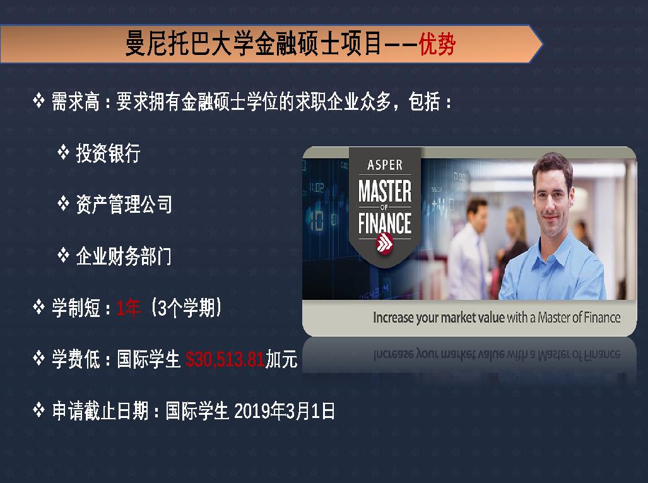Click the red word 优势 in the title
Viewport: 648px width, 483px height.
pyautogui.click(x=437, y=44)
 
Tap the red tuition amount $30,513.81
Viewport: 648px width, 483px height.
pyautogui.click(x=225, y=359)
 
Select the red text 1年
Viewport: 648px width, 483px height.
pyautogui.click(x=129, y=308)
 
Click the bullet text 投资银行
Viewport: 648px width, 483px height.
pyautogui.click(x=109, y=153)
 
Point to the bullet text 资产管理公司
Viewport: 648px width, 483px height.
pyautogui.click(x=124, y=205)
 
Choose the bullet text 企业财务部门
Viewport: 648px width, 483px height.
pyautogui.click(x=124, y=256)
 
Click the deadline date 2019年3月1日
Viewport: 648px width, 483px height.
pyautogui.click(x=285, y=411)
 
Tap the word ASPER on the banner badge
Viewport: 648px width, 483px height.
pyautogui.click(x=385, y=165)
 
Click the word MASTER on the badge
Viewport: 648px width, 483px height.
pyautogui.click(x=385, y=191)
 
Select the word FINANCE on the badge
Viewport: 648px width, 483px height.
pyautogui.click(x=385, y=224)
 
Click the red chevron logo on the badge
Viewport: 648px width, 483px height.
pyautogui.click(x=385, y=242)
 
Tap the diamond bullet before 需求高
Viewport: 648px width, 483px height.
pyautogui.click(x=39, y=100)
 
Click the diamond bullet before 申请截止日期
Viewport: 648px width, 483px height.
pyautogui.click(x=39, y=410)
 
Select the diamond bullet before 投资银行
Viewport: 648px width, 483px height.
pyautogui.click(x=63, y=152)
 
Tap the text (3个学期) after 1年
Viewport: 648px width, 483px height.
pyautogui.click(x=186, y=308)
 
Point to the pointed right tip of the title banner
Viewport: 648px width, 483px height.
pyautogui.click(x=542, y=44)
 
